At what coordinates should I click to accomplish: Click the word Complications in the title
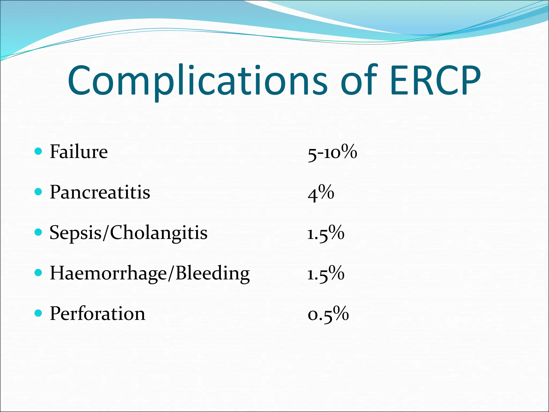point(197,80)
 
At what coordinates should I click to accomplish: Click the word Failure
point(79,152)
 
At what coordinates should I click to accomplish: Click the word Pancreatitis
point(100,192)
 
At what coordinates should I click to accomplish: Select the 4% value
point(321,193)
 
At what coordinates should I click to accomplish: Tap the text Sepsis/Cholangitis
point(128,233)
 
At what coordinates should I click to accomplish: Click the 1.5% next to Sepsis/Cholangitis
point(326,233)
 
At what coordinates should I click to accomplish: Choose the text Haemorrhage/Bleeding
point(150,273)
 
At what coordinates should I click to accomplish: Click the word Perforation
point(98,314)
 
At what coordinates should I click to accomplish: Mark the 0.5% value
point(328,314)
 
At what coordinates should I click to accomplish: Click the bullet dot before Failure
point(39,151)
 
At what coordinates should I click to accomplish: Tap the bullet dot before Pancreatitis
point(39,192)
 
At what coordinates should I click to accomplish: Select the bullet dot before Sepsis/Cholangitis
point(39,232)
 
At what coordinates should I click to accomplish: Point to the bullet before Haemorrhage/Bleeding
point(39,273)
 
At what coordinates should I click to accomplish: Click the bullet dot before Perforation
point(39,313)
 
